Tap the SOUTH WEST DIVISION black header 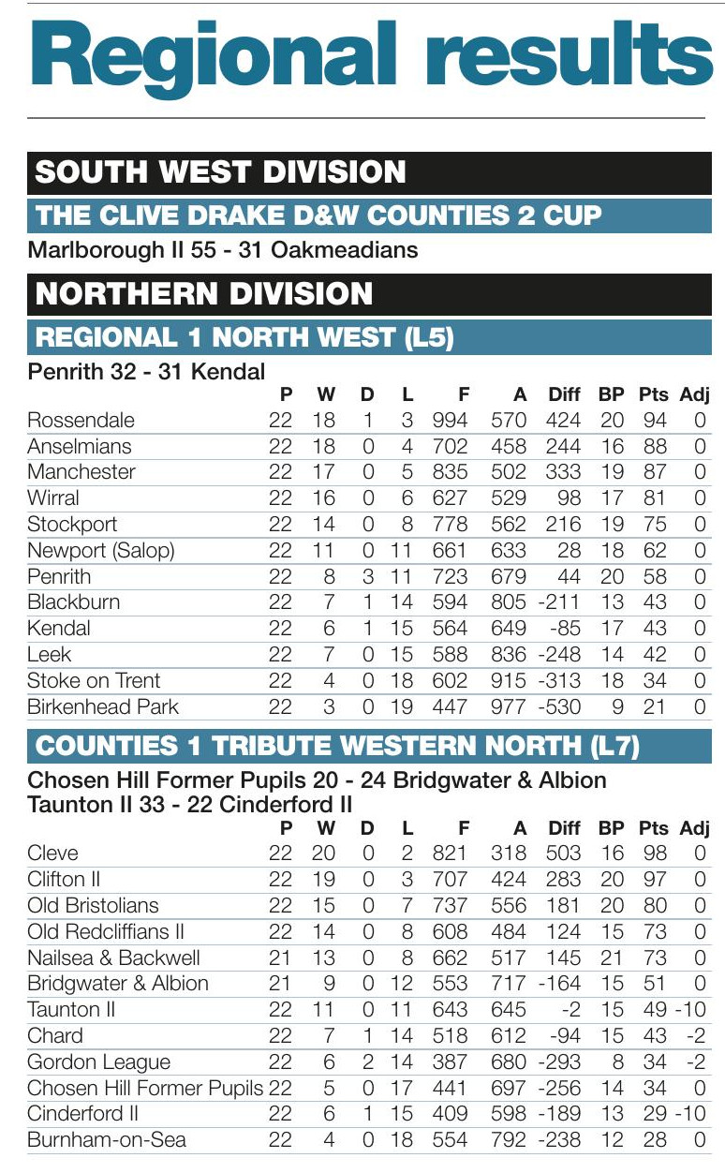tap(220, 172)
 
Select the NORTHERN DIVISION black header tap(203, 294)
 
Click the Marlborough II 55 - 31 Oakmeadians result tap(223, 250)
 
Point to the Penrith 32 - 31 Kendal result tap(147, 372)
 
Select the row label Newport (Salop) tap(101, 550)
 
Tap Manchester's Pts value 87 tap(654, 472)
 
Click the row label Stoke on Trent tap(94, 680)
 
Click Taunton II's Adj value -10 tap(693, 1010)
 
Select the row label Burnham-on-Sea tap(107, 1140)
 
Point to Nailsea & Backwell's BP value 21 tap(612, 958)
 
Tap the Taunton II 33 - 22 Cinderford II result tap(190, 805)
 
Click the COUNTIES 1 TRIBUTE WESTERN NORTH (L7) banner tap(337, 746)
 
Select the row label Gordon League tap(99, 1062)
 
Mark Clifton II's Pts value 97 tap(654, 880)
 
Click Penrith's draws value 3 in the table tap(367, 576)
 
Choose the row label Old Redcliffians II tap(106, 931)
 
